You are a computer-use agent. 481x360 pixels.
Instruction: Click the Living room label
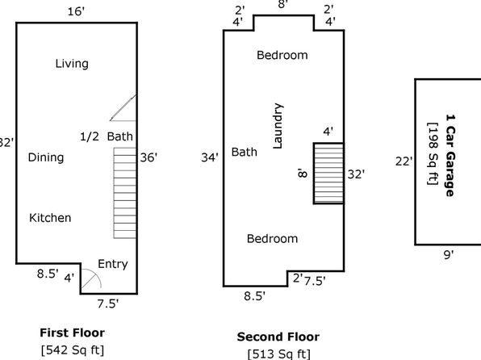coord(72,64)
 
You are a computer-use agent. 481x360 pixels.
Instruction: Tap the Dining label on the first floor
coord(46,157)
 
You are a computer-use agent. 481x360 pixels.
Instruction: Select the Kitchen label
coord(50,218)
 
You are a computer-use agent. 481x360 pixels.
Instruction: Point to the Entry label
coord(112,264)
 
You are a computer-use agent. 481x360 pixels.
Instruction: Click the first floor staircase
coord(125,193)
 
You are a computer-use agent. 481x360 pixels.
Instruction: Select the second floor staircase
coord(328,174)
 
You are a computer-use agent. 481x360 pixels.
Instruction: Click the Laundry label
coord(278,126)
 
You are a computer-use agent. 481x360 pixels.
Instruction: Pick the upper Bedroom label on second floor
coord(282,55)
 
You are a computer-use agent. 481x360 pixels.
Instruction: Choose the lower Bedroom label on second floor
coord(273,239)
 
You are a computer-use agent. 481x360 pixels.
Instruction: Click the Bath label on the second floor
coord(245,152)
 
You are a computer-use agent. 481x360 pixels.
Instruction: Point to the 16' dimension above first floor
coord(76,11)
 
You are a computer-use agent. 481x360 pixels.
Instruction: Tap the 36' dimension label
coord(148,157)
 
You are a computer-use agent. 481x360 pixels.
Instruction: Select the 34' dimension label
coord(210,157)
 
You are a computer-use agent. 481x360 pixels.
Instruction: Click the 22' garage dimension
coord(404,161)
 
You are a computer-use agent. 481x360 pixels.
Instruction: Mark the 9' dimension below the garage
coord(449,255)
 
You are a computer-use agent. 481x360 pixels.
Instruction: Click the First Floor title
coord(73,333)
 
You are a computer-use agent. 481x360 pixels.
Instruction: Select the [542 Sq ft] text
coord(73,350)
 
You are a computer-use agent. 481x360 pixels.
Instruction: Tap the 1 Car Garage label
coord(450,156)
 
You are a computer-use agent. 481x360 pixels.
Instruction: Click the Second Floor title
coord(278,337)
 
